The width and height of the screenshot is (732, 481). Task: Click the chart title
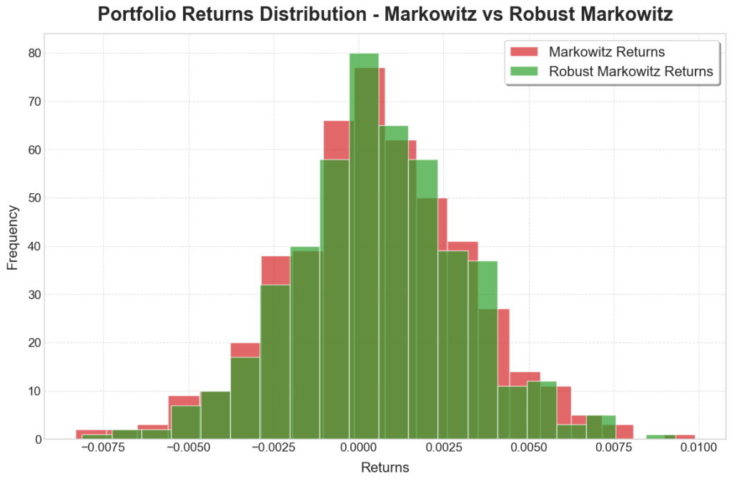coord(385,15)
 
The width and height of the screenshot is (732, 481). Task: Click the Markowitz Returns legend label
coord(606,52)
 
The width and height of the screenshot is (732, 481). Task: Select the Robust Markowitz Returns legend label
coord(630,71)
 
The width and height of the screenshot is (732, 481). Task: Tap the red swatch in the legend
coord(524,52)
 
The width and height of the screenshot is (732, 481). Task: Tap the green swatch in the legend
coord(524,71)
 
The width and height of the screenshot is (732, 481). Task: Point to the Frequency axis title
coord(13,237)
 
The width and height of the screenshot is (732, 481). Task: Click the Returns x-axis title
coord(385,467)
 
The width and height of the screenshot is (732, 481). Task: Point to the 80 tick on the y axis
coord(34,53)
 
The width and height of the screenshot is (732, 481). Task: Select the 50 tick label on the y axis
coord(34,198)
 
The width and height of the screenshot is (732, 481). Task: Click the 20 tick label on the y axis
coord(34,343)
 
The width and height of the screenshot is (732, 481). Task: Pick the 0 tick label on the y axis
coord(38,439)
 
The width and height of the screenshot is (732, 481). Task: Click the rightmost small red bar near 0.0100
coord(686,437)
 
